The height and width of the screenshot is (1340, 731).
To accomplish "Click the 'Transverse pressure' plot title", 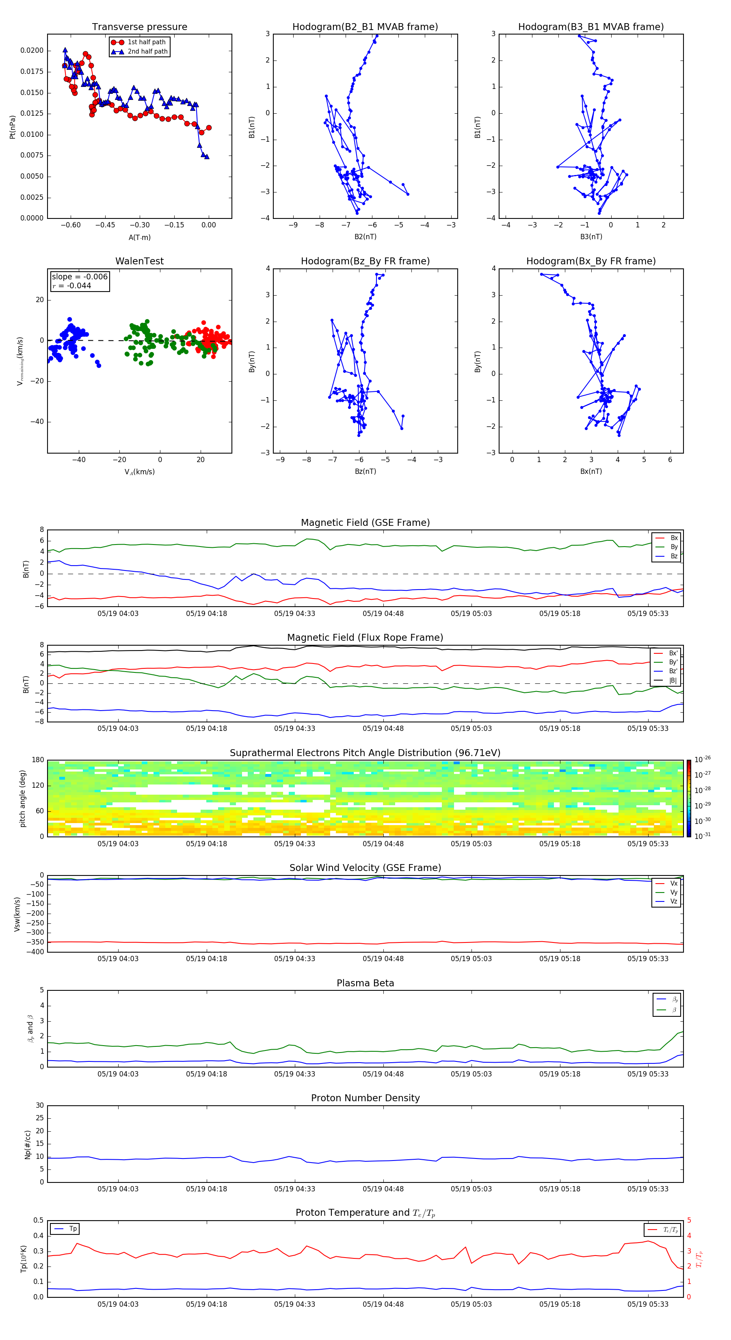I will (x=139, y=27).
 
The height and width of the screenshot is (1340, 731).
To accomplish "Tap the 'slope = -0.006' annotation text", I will (x=80, y=277).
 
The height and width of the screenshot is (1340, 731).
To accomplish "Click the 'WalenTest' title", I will (x=139, y=261).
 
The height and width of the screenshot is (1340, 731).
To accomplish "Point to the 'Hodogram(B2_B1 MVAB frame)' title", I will (x=365, y=27).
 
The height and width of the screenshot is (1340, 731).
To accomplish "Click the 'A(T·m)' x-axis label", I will (x=139, y=237).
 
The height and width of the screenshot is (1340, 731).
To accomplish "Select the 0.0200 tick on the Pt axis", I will (x=32, y=50).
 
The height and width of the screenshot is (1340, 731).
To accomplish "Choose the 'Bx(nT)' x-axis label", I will (x=590, y=471).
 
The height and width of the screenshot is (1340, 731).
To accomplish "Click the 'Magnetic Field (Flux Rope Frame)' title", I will (x=365, y=638).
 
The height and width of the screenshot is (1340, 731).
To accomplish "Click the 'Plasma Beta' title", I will (x=365, y=983).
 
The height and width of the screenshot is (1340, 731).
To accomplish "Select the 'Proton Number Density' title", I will (x=365, y=1098).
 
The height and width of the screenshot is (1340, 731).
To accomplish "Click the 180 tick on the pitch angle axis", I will (x=37, y=760).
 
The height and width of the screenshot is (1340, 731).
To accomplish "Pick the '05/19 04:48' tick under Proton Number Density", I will (x=383, y=1189).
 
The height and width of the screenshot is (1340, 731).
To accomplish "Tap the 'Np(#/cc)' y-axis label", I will (x=28, y=1144).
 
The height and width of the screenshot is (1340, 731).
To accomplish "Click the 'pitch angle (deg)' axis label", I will (x=22, y=798).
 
